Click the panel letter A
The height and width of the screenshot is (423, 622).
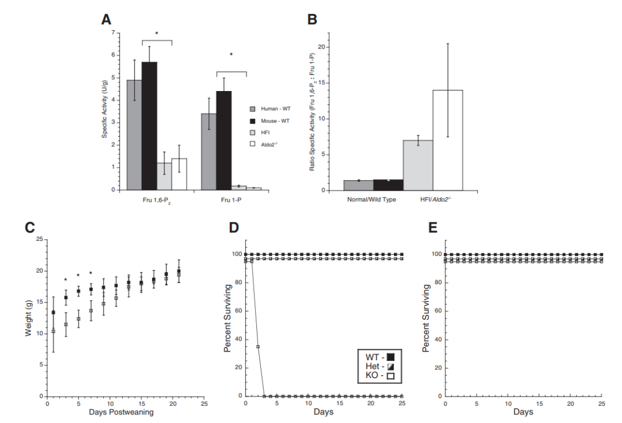tap(107, 19)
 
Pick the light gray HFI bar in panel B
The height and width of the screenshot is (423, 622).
tap(418, 165)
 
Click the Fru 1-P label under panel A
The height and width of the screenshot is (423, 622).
tap(223, 201)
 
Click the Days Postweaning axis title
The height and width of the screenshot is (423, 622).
tap(122, 413)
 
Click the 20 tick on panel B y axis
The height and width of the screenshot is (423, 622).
tap(323, 47)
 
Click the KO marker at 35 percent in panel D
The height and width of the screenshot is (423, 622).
tap(258, 346)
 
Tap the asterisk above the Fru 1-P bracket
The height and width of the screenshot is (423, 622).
tap(231, 55)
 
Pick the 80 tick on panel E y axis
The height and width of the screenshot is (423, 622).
tap(437, 282)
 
